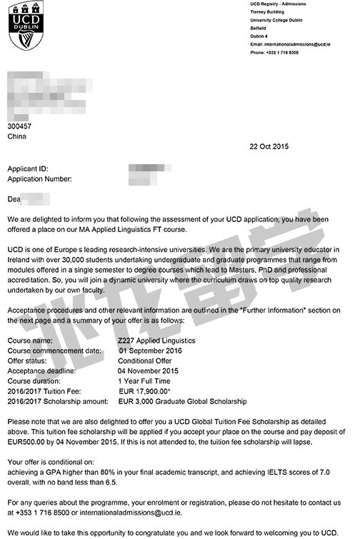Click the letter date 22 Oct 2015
(x=269, y=146)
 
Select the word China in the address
(x=16, y=136)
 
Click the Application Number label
(x=39, y=179)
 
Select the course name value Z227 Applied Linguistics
(x=156, y=341)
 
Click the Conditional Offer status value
(x=144, y=361)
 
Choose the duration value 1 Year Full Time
(x=145, y=382)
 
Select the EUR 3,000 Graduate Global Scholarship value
(x=182, y=402)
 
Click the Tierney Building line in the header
(x=268, y=12)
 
